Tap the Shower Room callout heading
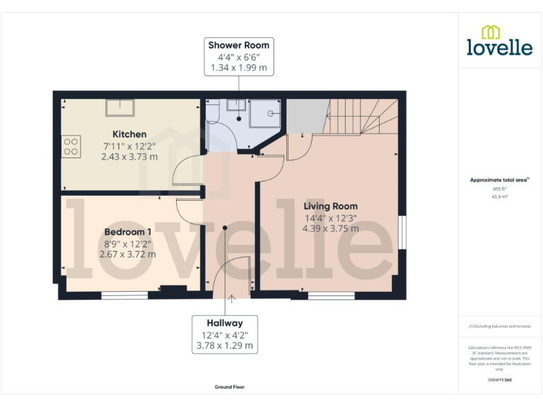coord(238,45)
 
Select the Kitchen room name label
coord(129,134)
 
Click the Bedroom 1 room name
coord(128,232)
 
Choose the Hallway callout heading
coord(225,323)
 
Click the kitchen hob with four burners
coord(71,146)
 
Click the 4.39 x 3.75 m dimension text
coord(330,229)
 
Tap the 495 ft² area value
coord(499,189)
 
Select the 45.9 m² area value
coord(499,197)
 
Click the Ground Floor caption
coord(230,387)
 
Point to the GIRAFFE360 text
coord(499,380)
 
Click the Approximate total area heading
coord(499,180)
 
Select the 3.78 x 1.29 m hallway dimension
coord(225,346)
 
